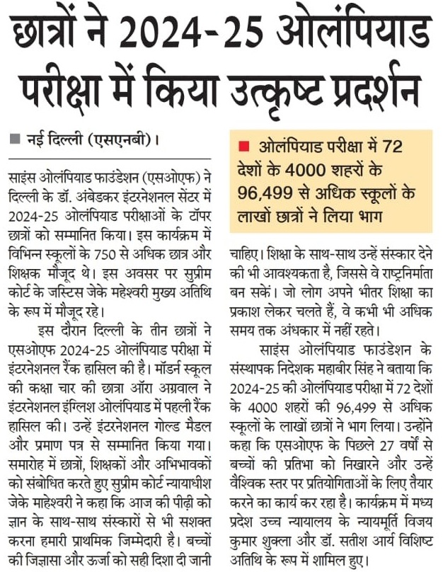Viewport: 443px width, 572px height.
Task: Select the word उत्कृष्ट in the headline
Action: pos(272,90)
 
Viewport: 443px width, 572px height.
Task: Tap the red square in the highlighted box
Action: pos(244,147)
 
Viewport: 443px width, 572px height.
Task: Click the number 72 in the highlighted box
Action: pos(389,147)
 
